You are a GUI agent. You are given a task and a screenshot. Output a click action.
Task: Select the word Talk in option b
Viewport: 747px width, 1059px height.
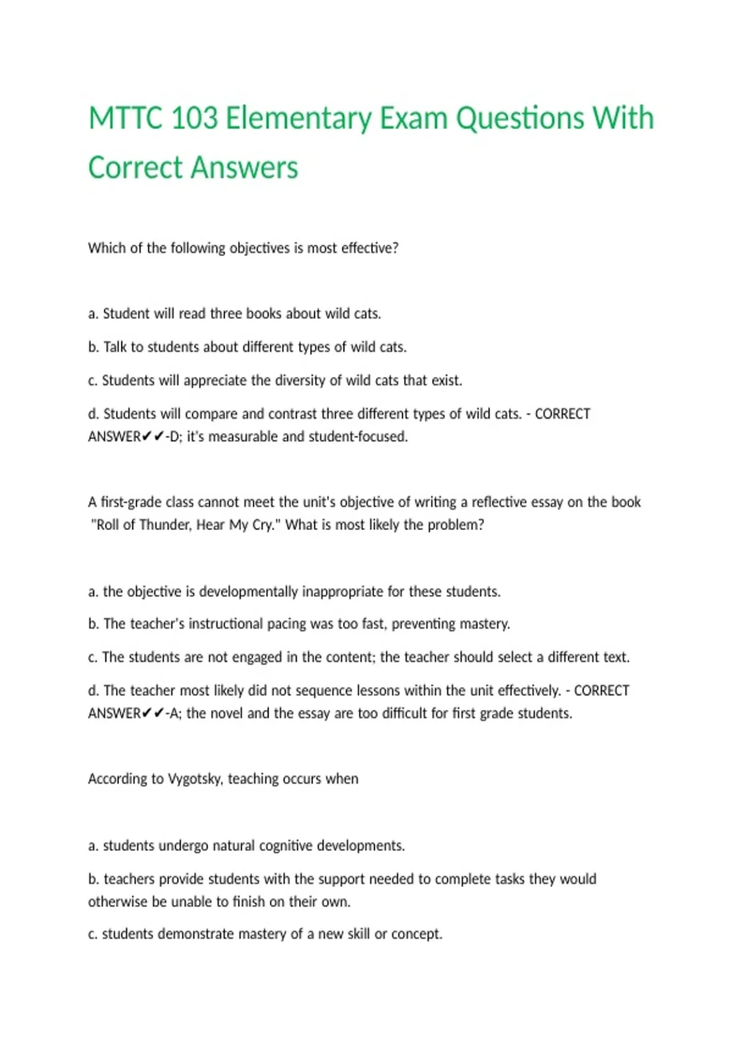click(115, 347)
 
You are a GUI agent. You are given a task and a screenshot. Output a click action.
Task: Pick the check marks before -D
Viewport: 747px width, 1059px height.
click(153, 437)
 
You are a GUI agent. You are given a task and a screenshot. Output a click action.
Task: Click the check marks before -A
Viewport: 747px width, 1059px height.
click(153, 713)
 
